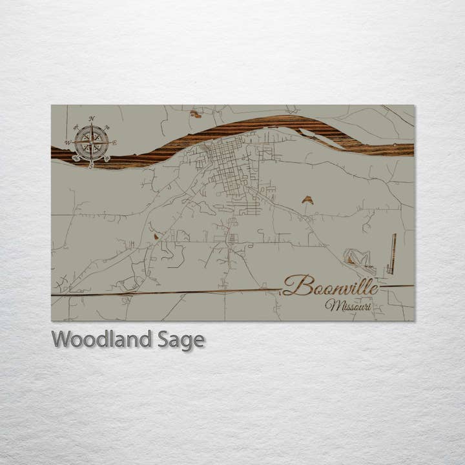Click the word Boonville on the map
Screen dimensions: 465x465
pos(330,285)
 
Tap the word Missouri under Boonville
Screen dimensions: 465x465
pos(348,305)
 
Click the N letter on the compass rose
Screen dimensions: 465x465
pos(92,119)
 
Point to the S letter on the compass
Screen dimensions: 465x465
pos(91,165)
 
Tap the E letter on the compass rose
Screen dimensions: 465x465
pos(114,143)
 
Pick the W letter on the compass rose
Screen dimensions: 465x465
pos(68,143)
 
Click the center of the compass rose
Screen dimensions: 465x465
pos(91,143)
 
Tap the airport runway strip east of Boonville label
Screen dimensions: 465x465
pos(391,253)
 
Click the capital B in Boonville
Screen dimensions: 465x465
pos(294,285)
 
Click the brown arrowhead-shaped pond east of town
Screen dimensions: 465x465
pos(307,200)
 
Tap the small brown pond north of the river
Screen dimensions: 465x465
pos(195,114)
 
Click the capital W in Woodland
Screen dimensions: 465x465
pos(62,339)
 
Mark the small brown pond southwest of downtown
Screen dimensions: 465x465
pos(156,236)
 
